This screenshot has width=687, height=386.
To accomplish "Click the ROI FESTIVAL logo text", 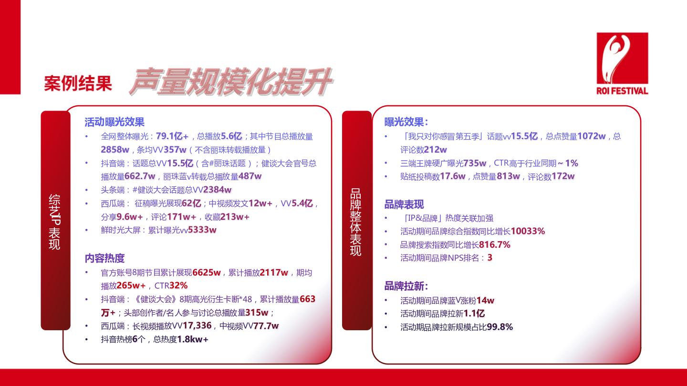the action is tap(622, 91).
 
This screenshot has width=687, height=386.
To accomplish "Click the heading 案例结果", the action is tap(78, 83).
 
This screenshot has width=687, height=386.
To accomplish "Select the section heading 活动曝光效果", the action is tap(114, 122).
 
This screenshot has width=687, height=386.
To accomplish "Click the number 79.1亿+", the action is tap(172, 136).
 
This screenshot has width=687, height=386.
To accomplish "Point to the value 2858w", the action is tap(115, 150).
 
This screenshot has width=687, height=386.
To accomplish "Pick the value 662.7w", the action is tap(140, 176).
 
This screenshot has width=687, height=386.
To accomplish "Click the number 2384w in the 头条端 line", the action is tap(217, 190).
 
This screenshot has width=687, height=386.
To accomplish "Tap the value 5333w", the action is tap(202, 230).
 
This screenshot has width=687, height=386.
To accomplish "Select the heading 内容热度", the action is tap(104, 258).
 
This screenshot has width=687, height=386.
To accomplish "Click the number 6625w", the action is tap(207, 273).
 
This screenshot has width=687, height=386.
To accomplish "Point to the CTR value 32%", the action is tap(178, 285).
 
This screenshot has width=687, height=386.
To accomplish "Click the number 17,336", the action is tap(197, 325).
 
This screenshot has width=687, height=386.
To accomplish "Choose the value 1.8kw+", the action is tap(193, 339).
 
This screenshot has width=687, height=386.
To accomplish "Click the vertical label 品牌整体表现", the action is tap(356, 222).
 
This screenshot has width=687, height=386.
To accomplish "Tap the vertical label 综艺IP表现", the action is tap(54, 222).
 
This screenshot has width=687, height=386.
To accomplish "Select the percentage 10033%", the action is tap(528, 231).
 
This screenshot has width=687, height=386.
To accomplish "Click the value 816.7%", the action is tap(494, 244).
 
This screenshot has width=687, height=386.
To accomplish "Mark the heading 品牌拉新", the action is tap(406, 286).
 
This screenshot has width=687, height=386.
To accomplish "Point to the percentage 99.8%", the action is tap(500, 327).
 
